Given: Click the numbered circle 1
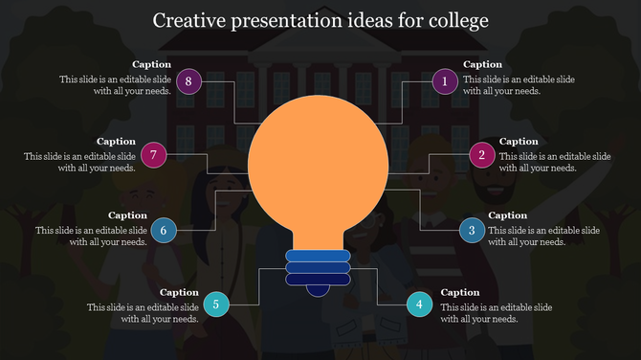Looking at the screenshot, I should (444, 81).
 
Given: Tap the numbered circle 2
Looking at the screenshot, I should (482, 154).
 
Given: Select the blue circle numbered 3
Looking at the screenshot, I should (472, 230).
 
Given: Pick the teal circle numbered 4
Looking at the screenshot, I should (418, 304).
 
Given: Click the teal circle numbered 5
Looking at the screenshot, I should (216, 304).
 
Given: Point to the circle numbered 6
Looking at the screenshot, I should (164, 230).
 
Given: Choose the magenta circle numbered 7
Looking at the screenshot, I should (153, 154).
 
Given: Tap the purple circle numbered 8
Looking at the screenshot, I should (189, 81).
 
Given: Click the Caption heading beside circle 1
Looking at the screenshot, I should (483, 65).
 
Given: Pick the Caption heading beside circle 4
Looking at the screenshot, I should (460, 292).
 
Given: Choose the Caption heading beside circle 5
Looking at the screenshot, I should (179, 292).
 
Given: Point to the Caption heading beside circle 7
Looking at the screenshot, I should (116, 141).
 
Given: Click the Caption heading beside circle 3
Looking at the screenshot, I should (508, 215).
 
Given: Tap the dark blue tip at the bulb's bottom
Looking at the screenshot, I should (318, 287).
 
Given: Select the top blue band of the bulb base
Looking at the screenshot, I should (318, 256).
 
